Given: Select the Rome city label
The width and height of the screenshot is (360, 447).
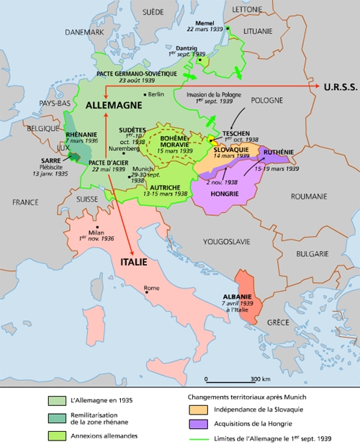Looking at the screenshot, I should coord(152,289).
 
